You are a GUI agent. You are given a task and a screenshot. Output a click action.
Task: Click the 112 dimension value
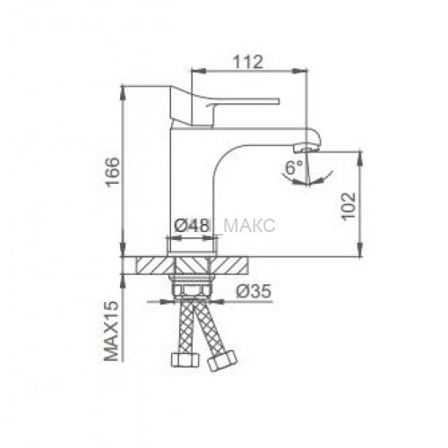tap(248, 62)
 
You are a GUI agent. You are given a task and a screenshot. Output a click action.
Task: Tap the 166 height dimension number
tap(114, 172)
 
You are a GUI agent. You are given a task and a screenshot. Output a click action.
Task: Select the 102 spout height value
tap(349, 206)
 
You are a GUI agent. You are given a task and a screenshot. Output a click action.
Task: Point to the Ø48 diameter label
tap(192, 226)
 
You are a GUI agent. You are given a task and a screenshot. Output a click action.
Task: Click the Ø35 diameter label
tap(254, 290)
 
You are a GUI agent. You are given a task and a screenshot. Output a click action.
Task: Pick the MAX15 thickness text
tap(112, 331)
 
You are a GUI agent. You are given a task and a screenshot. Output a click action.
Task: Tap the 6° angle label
tap(294, 168)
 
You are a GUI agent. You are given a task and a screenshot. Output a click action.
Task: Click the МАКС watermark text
tap(249, 226)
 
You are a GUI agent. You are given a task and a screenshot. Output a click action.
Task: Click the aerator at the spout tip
tap(306, 148)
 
